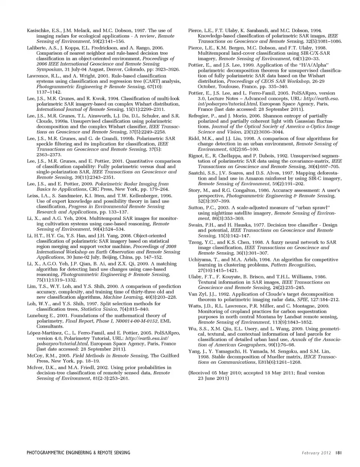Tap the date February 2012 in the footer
tap(316, 453)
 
